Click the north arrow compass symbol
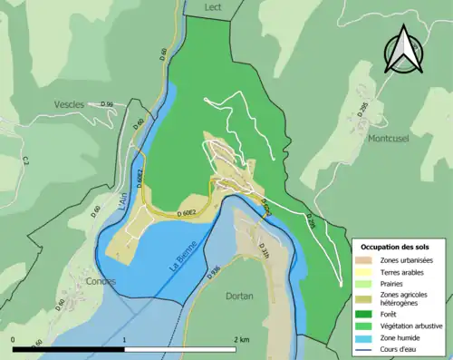404,50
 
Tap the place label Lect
213,7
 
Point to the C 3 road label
26,161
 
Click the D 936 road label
214,270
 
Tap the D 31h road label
265,250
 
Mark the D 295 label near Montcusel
364,110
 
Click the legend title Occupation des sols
395,246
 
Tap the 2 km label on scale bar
241,340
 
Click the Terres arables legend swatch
366,271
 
